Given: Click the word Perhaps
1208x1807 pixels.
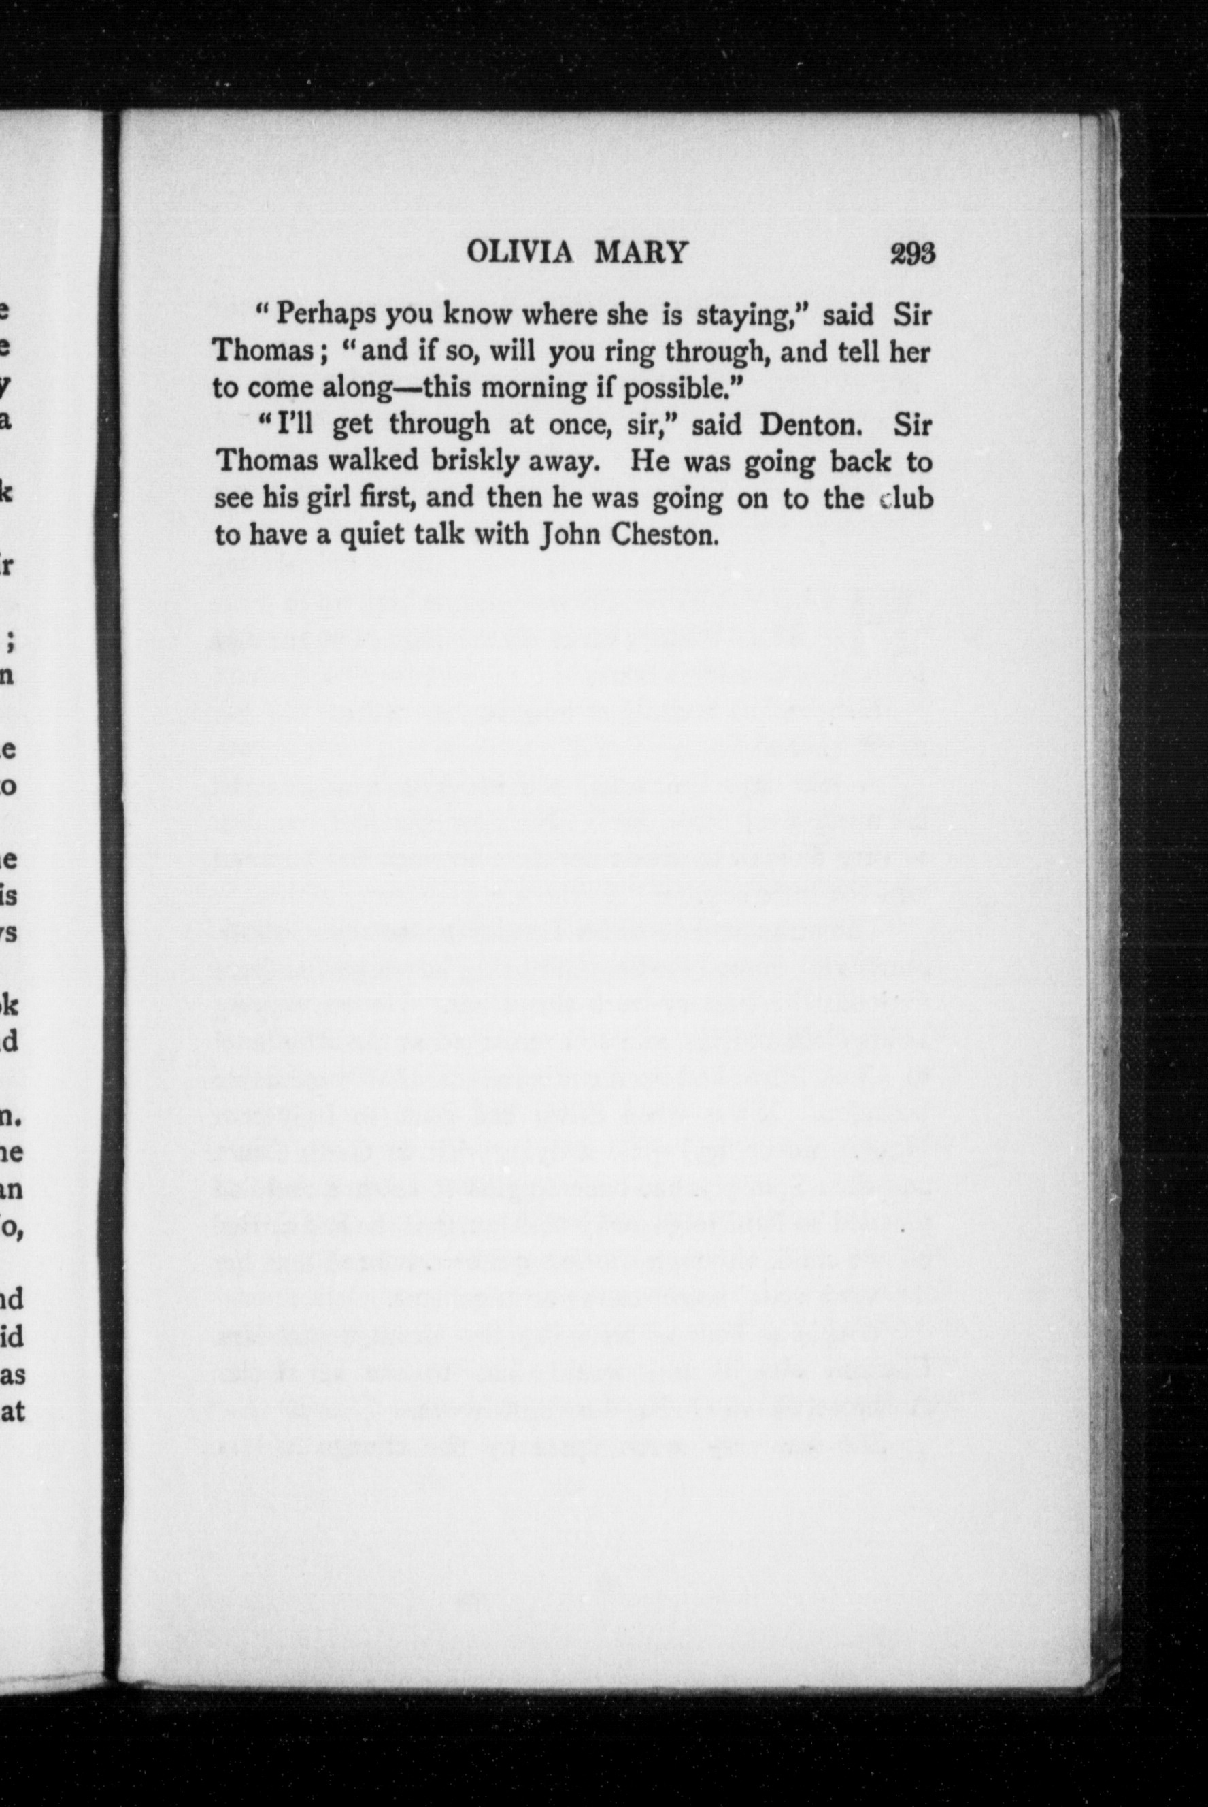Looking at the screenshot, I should click(x=326, y=314).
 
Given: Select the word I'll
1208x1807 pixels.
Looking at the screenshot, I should click(x=294, y=424).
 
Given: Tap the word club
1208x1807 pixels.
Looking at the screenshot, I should click(x=905, y=498).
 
